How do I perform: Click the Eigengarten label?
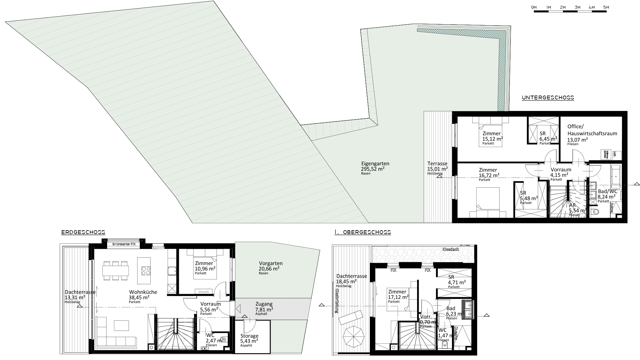click(x=375, y=163)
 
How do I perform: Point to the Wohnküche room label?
click(x=143, y=292)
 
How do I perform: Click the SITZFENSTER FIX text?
click(x=124, y=244)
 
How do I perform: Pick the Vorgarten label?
click(x=271, y=263)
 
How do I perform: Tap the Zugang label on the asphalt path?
click(x=264, y=304)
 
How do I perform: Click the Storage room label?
click(x=249, y=336)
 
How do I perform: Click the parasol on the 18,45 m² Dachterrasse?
click(x=354, y=336)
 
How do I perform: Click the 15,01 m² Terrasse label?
click(x=437, y=164)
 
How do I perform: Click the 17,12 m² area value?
click(x=398, y=297)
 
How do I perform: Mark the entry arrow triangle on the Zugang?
click(x=238, y=309)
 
